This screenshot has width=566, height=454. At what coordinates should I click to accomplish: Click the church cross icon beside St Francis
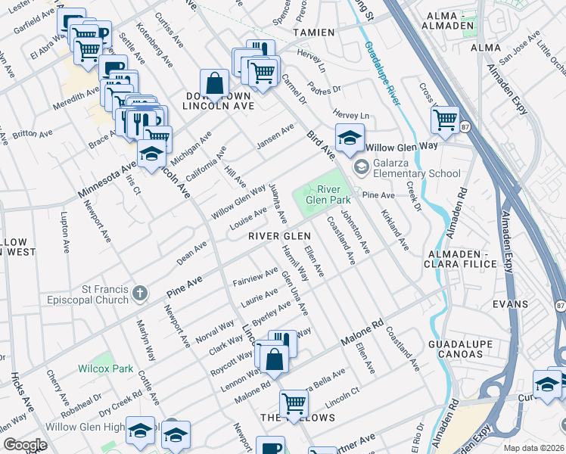(138, 292)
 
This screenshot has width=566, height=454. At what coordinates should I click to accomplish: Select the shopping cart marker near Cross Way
(445, 119)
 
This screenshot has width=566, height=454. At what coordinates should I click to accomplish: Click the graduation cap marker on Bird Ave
(349, 138)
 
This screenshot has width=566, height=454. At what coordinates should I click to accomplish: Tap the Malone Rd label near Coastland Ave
(357, 334)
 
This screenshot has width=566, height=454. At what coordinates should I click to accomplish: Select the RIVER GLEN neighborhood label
(280, 236)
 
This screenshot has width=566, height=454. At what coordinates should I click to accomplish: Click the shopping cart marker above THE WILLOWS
(294, 402)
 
